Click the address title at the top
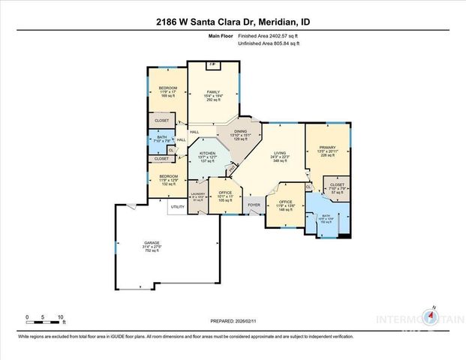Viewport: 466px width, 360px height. pos(233,23)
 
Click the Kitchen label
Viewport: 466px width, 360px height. pos(207,157)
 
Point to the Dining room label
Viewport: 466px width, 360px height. pos(241,133)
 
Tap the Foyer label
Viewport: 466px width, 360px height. pos(254,205)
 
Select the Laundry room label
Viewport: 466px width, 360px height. pos(198,196)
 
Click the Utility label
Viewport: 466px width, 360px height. pos(177,206)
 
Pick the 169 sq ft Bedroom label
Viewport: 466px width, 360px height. pos(167,91)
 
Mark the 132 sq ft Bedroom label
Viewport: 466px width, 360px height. pos(167,180)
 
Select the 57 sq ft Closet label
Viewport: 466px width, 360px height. pos(336,188)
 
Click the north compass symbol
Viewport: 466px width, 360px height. pos(433,318)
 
